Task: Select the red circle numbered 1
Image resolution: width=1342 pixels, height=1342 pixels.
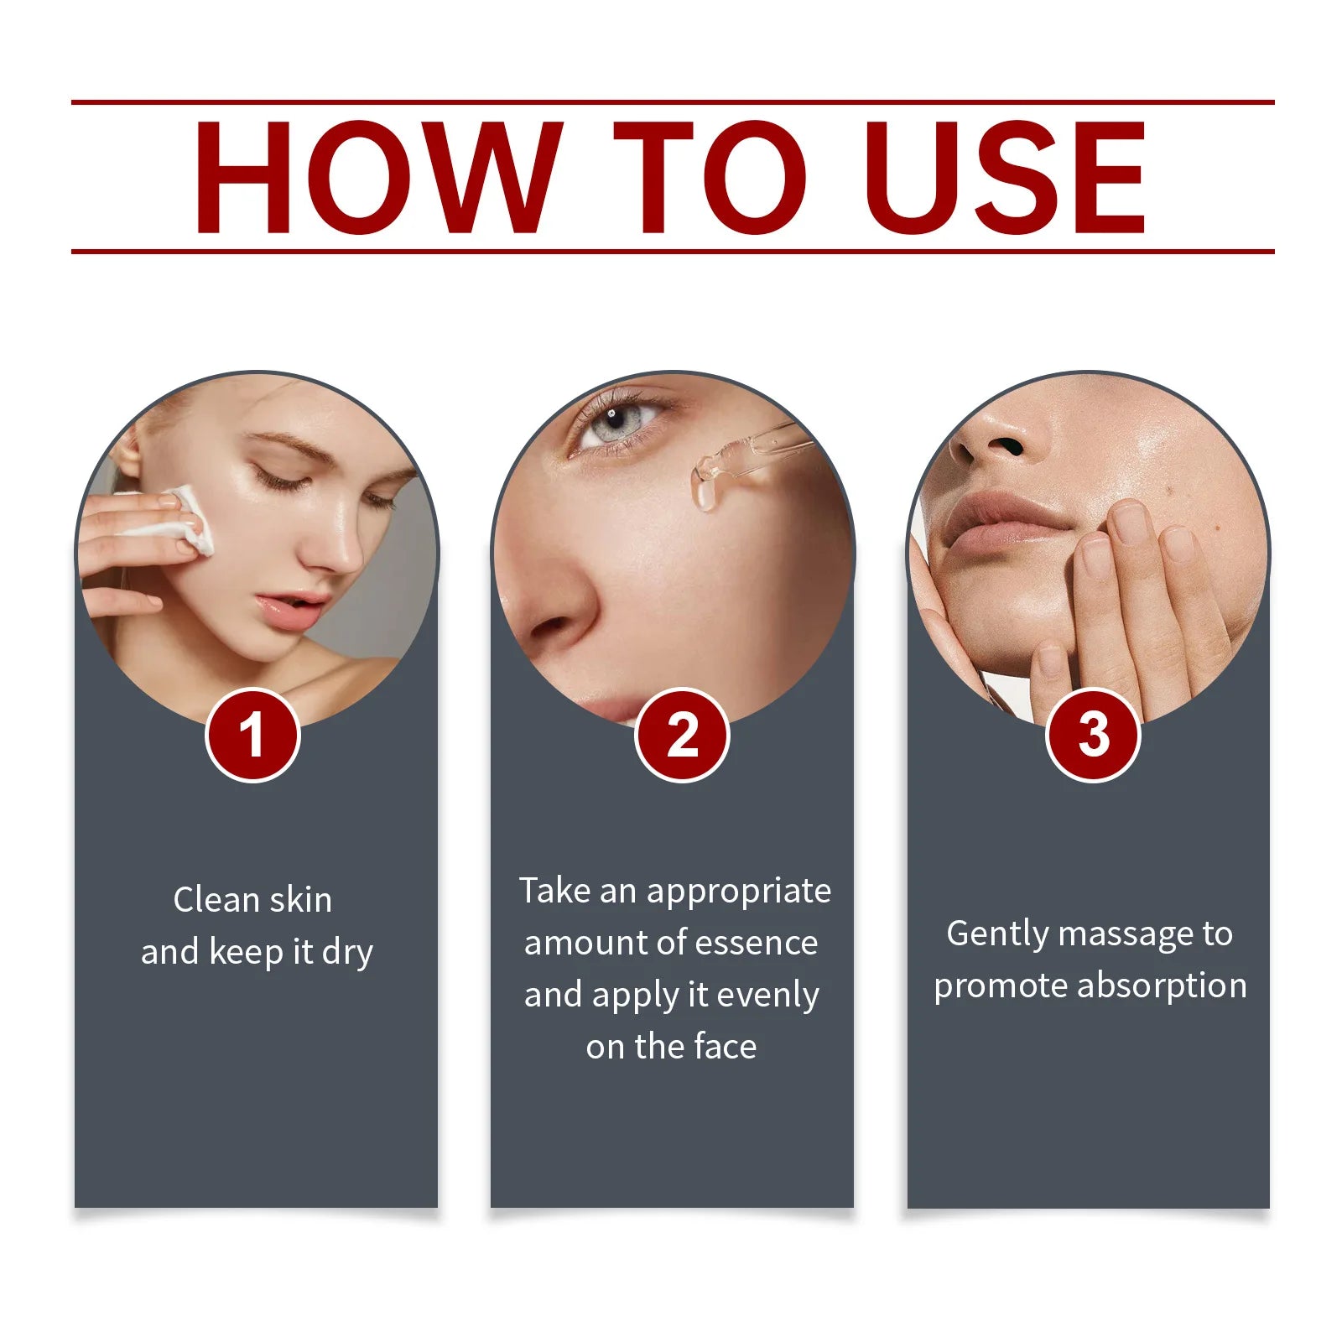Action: [x=252, y=736]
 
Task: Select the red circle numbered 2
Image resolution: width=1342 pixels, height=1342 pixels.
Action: [x=682, y=736]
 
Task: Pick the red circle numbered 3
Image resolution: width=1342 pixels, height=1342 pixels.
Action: [x=1093, y=736]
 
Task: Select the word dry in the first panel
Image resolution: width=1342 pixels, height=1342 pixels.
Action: [x=347, y=953]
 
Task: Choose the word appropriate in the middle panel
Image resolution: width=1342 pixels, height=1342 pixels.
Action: [x=739, y=892]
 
